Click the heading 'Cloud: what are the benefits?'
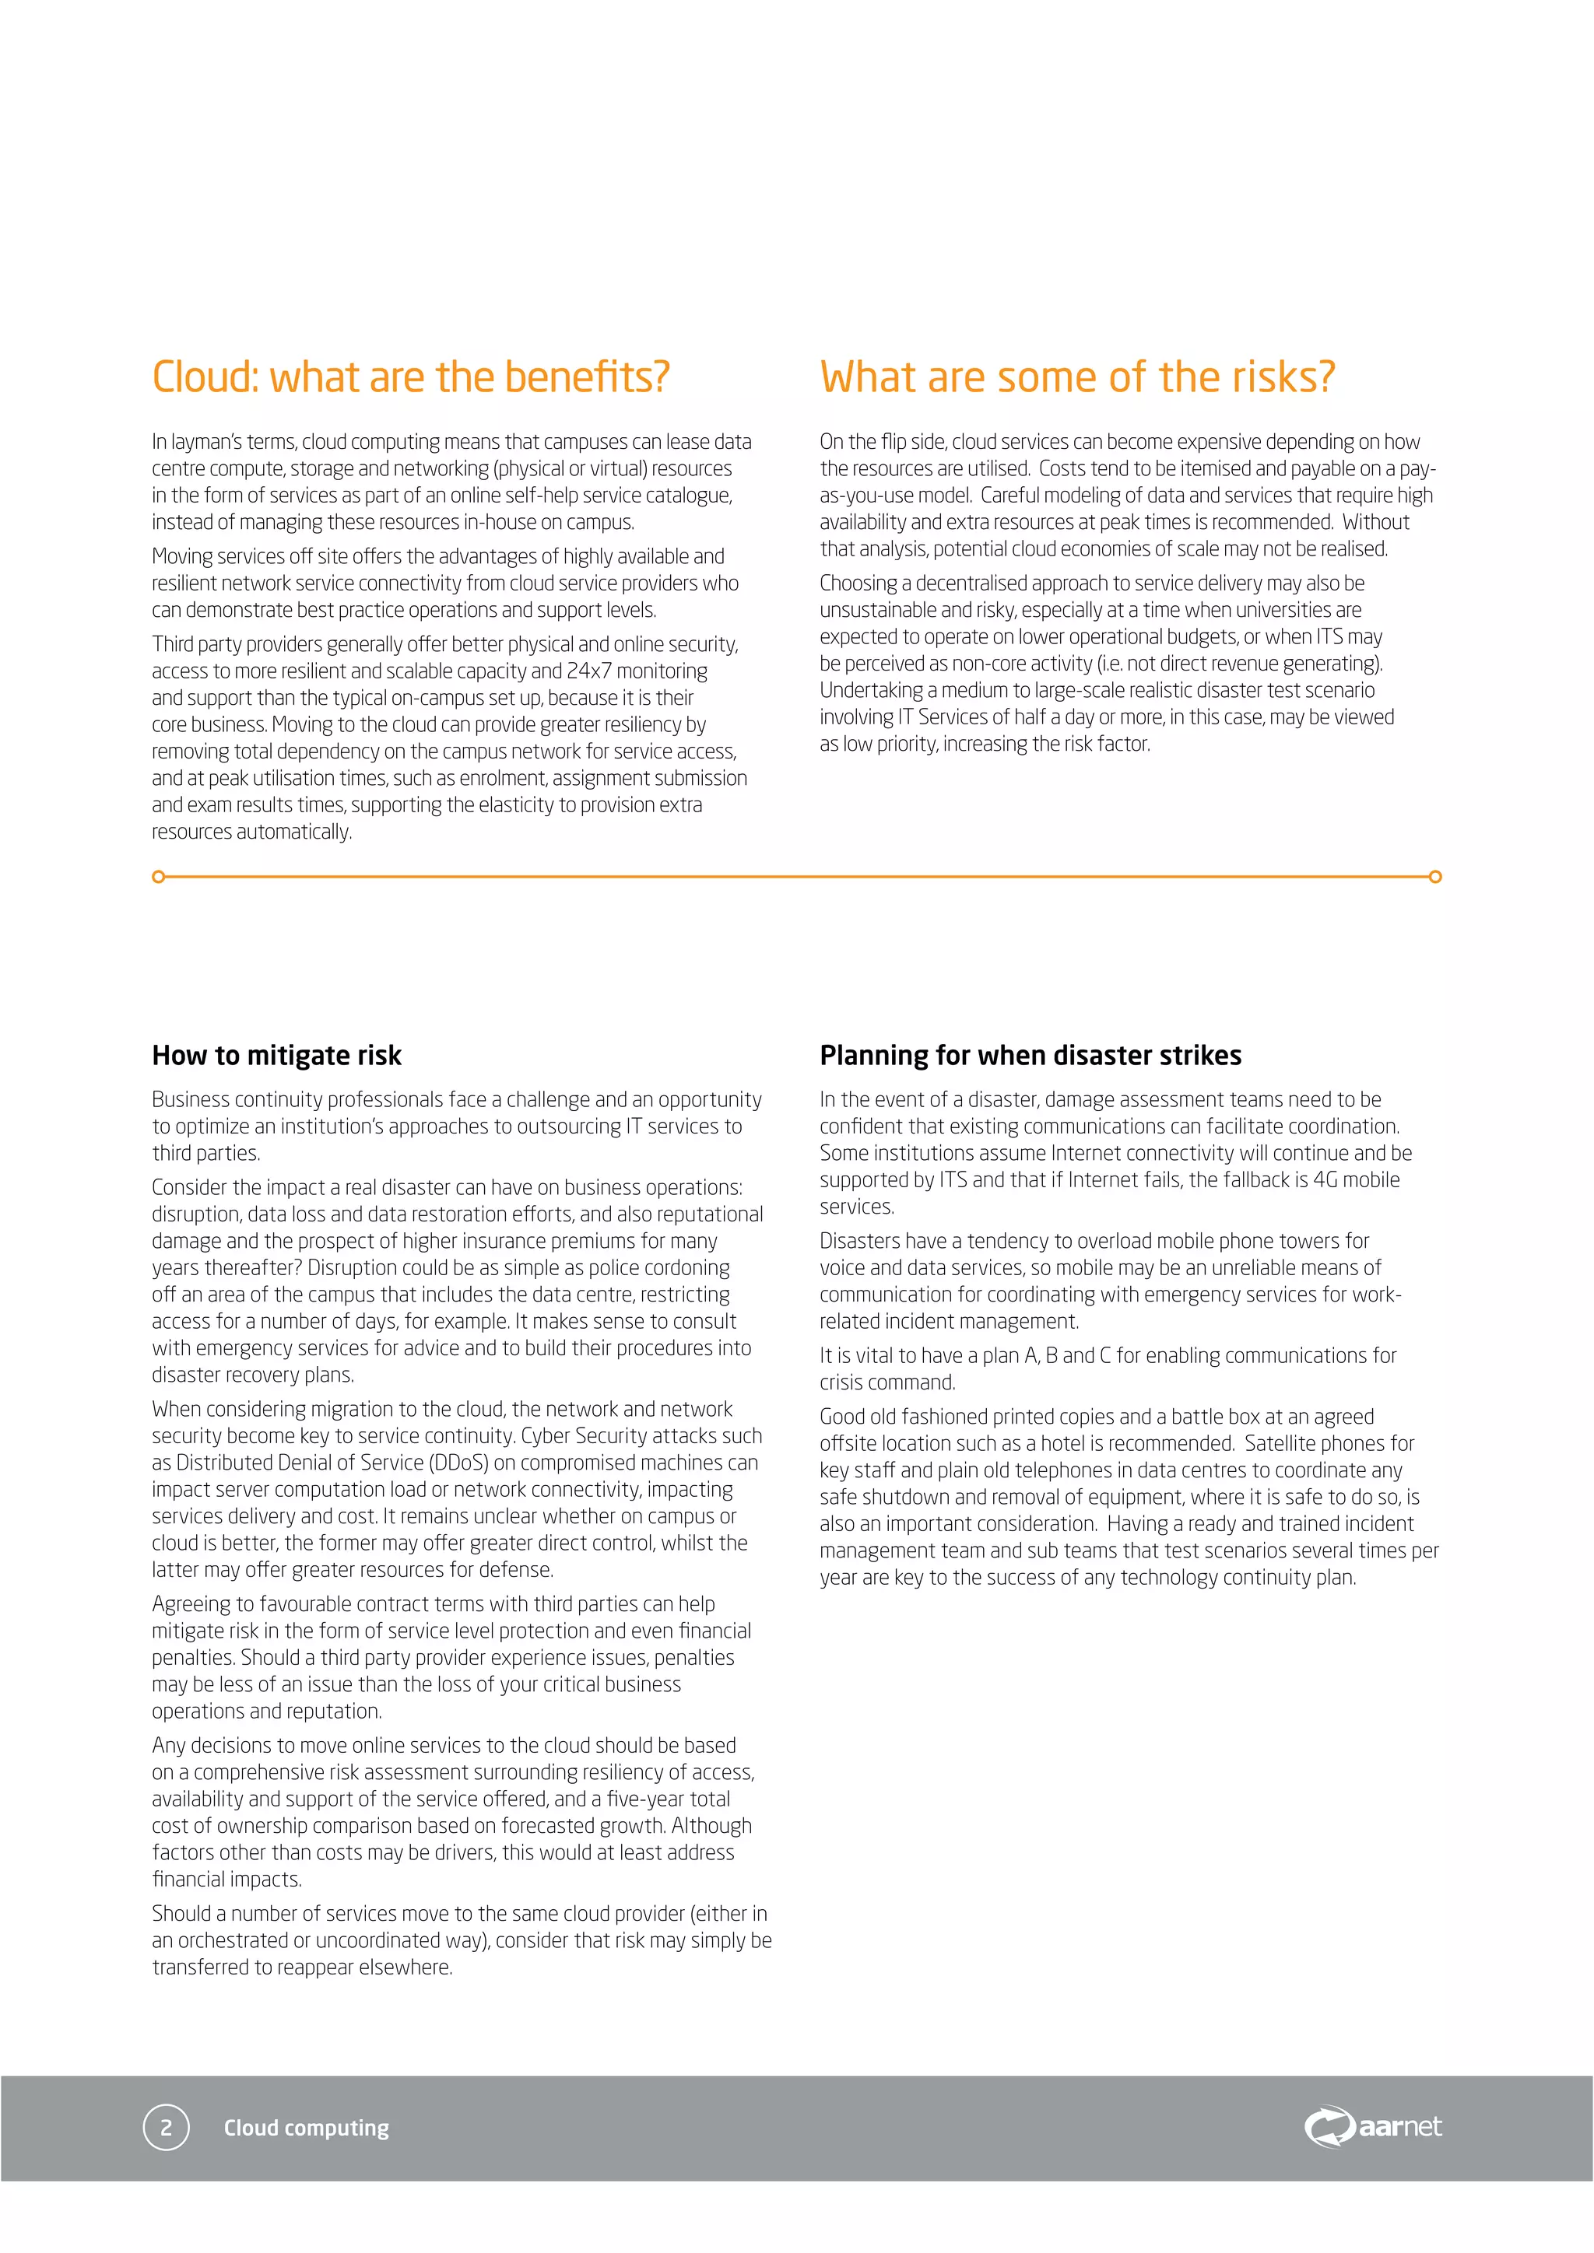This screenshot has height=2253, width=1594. [x=410, y=377]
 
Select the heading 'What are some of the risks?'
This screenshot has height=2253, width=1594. [x=1076, y=377]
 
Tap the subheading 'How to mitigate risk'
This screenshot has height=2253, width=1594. [x=276, y=1055]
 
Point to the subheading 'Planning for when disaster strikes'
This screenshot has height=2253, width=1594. [x=1030, y=1055]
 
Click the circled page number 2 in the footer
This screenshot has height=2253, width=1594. [x=166, y=2128]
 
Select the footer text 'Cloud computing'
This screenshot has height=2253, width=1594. [x=306, y=2128]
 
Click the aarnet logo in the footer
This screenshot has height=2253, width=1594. [x=1372, y=2126]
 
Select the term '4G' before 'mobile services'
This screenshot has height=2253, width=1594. [x=1325, y=1179]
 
